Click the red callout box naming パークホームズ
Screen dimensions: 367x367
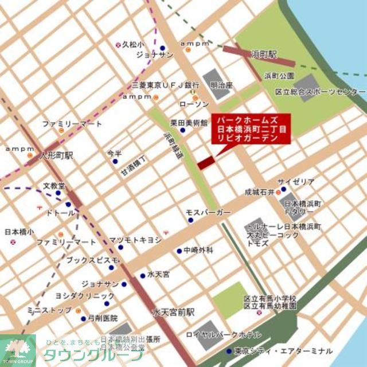click(x=252, y=129)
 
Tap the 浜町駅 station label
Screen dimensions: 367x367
click(x=264, y=54)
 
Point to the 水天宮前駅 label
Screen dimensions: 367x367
click(x=173, y=313)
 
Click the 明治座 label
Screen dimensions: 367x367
click(x=221, y=85)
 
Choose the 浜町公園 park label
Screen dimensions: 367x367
click(x=279, y=76)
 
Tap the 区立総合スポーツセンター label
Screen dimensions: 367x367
click(x=320, y=92)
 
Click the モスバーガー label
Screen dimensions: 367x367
click(x=208, y=213)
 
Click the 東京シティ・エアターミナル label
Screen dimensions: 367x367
click(x=283, y=350)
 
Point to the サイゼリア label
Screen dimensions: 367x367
click(x=296, y=182)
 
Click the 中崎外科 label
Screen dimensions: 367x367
click(x=198, y=250)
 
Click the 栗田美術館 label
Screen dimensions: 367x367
click(x=189, y=123)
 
